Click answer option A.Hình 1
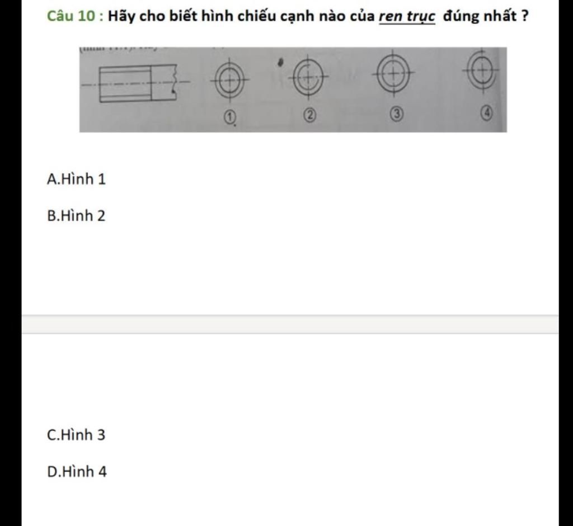click(x=76, y=179)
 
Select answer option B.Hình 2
click(x=76, y=215)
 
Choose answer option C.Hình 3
click(x=76, y=435)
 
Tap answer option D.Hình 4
click(x=77, y=472)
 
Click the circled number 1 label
click(x=229, y=118)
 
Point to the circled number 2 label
click(x=309, y=115)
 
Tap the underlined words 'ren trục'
click(x=407, y=16)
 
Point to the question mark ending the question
click(x=525, y=16)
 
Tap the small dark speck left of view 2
click(x=280, y=63)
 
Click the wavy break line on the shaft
click(x=175, y=82)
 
